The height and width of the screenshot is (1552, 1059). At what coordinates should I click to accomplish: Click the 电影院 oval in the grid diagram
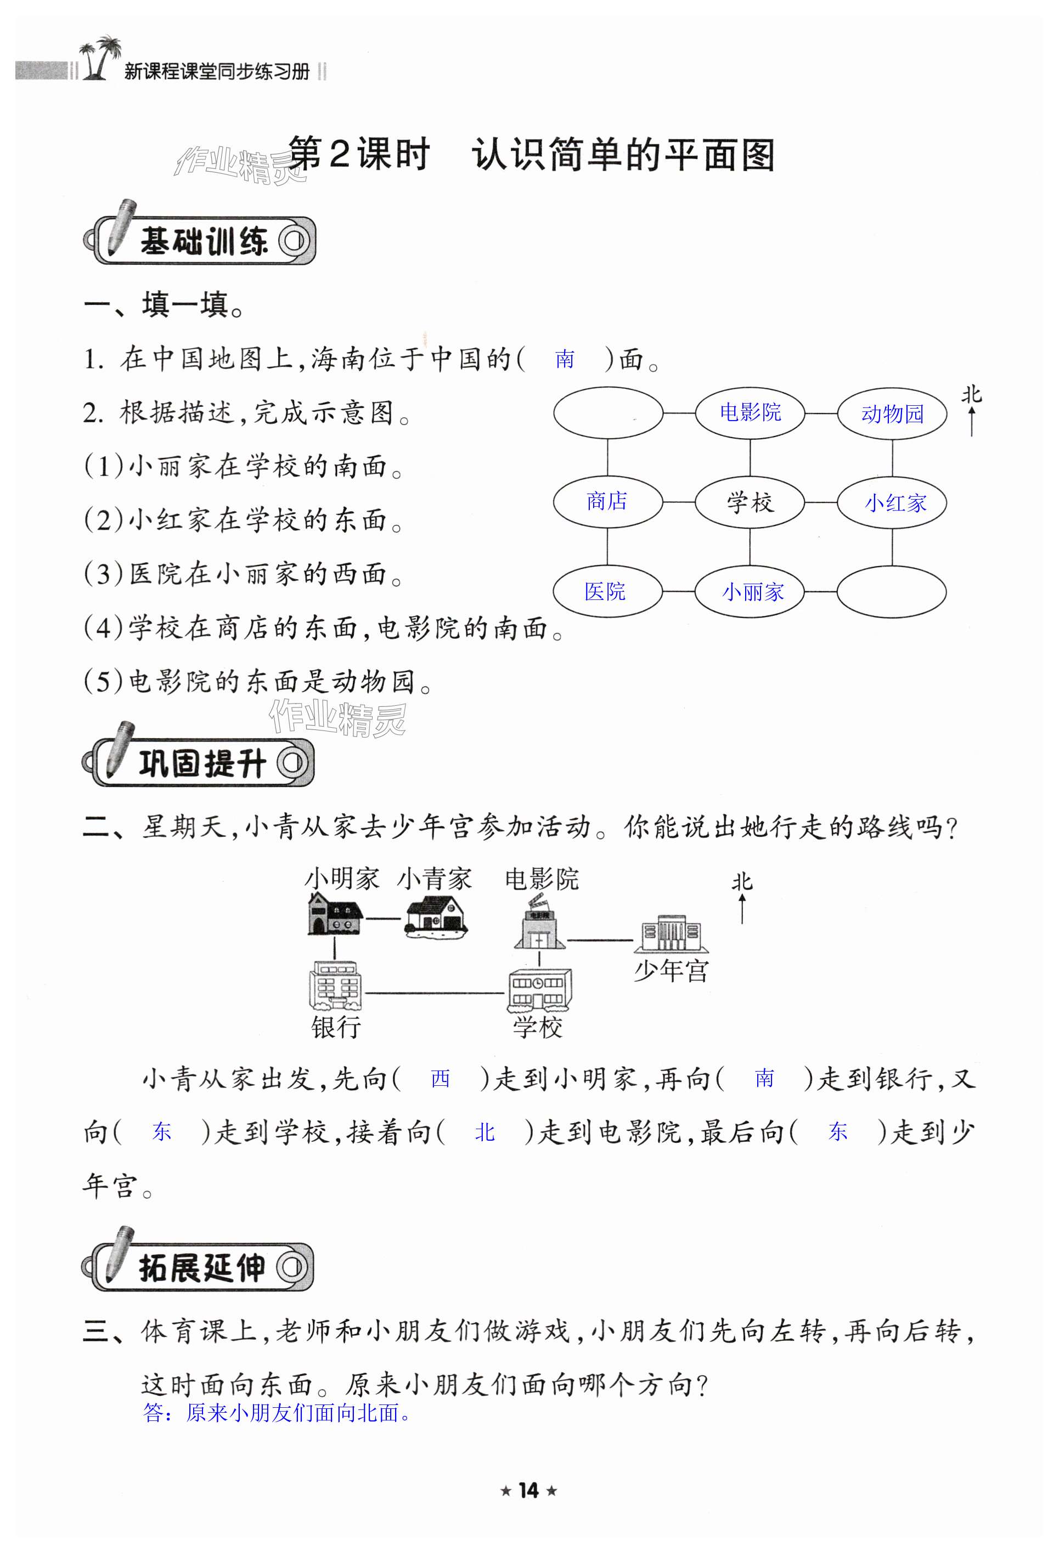[x=750, y=413]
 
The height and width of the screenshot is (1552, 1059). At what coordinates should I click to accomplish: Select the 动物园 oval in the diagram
[x=892, y=414]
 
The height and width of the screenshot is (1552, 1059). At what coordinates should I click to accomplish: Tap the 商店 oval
[x=607, y=502]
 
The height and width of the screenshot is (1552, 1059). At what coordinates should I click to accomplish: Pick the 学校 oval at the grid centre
[x=750, y=502]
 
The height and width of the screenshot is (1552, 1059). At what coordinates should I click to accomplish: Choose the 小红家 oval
[x=892, y=503]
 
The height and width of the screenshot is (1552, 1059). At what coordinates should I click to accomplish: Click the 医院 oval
[x=607, y=591]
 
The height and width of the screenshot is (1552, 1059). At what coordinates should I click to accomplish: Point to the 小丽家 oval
[x=750, y=592]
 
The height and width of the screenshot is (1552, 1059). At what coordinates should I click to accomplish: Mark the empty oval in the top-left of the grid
[x=607, y=413]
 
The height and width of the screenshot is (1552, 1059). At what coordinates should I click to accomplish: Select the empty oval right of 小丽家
[x=892, y=592]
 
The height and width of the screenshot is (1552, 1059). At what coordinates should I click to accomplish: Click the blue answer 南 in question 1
[x=565, y=360]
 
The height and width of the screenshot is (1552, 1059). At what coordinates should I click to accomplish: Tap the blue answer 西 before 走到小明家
[x=440, y=1079]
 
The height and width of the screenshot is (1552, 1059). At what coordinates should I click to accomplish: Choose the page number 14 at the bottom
[x=528, y=1491]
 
